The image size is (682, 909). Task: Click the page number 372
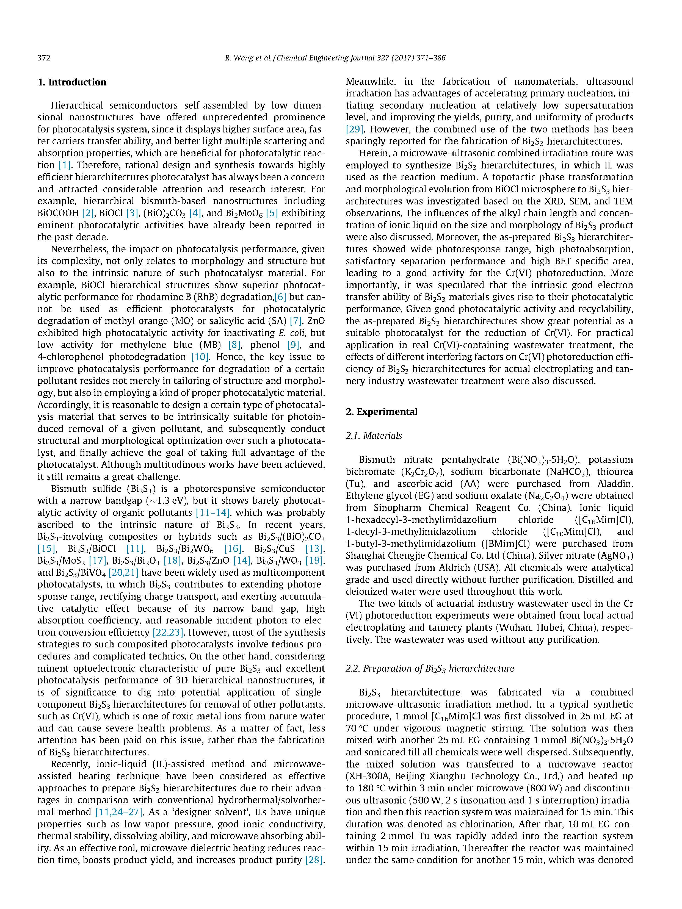click(x=44, y=58)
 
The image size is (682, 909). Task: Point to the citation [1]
click(x=65, y=165)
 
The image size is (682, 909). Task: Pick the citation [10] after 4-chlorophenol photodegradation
click(x=200, y=357)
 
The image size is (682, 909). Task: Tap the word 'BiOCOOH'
click(x=58, y=213)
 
